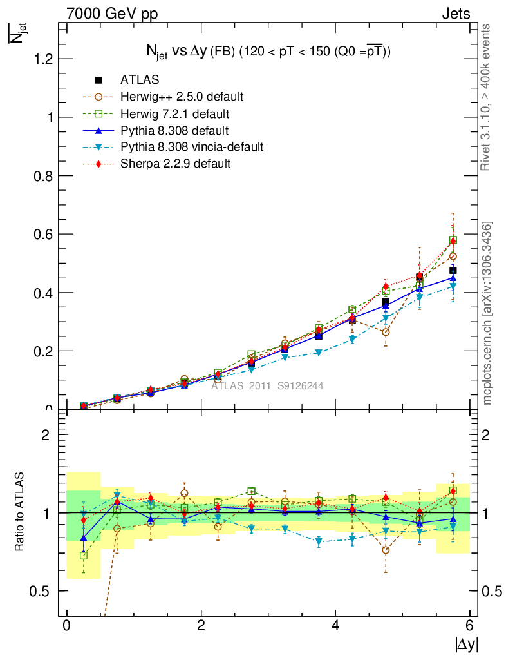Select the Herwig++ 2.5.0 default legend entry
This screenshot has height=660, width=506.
[182, 97]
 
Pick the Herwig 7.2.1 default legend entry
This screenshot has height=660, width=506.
[175, 113]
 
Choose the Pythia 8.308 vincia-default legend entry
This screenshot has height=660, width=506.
[192, 147]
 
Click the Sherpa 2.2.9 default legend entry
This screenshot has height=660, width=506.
[175, 164]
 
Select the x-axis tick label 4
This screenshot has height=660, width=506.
[335, 626]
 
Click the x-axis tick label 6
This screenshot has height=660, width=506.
[470, 626]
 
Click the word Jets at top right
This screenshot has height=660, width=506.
[455, 13]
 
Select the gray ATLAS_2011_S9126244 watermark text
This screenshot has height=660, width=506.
[267, 386]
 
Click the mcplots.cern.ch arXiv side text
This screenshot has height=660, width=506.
[488, 313]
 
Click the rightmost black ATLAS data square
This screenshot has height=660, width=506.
[453, 270]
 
